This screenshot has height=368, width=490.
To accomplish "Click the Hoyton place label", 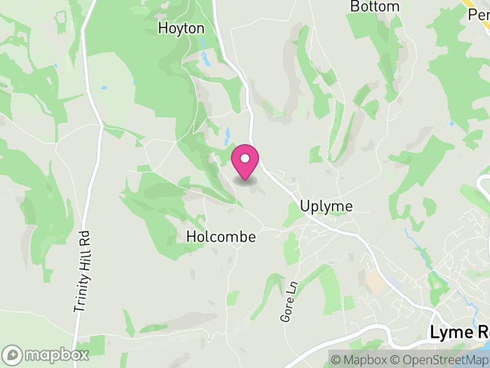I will pos(181,28).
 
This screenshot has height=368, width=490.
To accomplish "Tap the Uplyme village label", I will pos(326,206).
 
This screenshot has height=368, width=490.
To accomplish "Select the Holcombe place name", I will pos(221,237).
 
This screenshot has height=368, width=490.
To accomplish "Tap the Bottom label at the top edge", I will pos(375,7).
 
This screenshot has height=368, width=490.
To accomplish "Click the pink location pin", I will pos(245,164).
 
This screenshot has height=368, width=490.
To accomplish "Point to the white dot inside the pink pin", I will pos(245,159).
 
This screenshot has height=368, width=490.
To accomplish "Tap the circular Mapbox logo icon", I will pos(12,355).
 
